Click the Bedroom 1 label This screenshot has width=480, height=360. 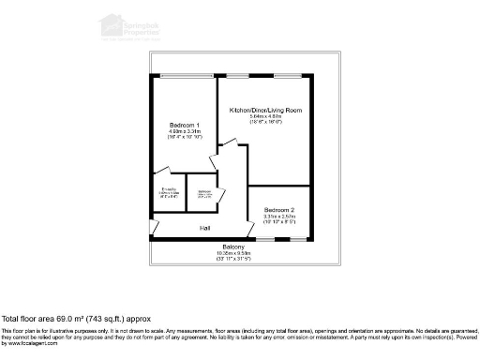(x=184, y=125)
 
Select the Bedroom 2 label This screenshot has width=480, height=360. (x=279, y=209)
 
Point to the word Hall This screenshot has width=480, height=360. (x=204, y=228)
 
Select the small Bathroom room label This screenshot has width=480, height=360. (x=203, y=192)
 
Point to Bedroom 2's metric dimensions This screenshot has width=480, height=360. (x=279, y=217)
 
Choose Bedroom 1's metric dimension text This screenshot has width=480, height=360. (x=184, y=131)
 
